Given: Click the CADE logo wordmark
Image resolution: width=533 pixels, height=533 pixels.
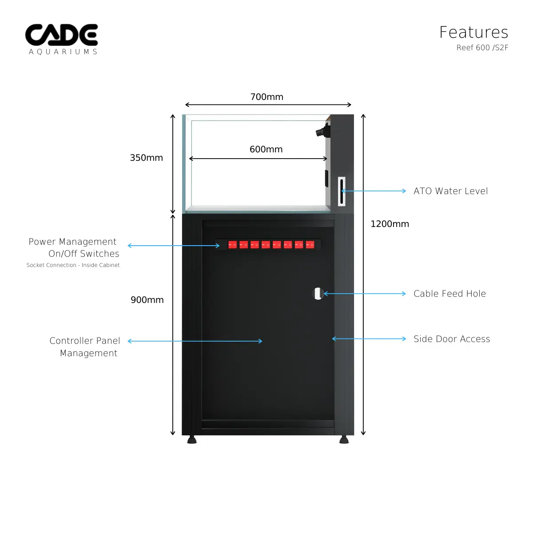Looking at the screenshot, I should (61, 35).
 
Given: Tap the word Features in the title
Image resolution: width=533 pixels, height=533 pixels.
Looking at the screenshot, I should (473, 32).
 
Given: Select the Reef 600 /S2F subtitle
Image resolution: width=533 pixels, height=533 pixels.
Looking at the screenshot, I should (482, 48).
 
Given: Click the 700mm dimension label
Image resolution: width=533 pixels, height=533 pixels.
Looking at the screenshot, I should (266, 97).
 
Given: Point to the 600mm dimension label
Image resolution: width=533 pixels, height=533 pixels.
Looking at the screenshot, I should (266, 149).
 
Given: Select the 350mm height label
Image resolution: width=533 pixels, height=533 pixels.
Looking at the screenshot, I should (146, 158).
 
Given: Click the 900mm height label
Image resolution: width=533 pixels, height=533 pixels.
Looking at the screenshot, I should (147, 300).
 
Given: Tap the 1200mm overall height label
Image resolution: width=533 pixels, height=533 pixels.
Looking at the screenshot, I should (390, 224).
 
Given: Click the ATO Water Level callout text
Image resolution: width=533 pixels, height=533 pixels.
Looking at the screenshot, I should (450, 191).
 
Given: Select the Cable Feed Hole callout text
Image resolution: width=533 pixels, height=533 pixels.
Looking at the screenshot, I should (449, 294).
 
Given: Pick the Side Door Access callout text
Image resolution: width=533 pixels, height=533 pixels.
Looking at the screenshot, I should (452, 339).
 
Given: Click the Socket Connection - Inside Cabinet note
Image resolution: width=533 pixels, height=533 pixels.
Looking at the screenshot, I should (73, 265).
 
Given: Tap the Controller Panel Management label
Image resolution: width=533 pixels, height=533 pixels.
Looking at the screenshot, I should (85, 347).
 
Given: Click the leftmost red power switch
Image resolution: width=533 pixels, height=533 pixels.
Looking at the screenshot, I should (232, 245).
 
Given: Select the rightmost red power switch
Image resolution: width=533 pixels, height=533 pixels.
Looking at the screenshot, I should (310, 245).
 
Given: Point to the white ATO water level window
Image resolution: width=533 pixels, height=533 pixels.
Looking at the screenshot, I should (342, 191).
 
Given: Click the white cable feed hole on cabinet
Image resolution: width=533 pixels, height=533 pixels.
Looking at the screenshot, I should (318, 294).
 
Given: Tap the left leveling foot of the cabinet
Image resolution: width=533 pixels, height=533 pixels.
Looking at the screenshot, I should (192, 440).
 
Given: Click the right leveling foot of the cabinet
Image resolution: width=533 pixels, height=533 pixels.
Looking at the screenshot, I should (344, 440).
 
